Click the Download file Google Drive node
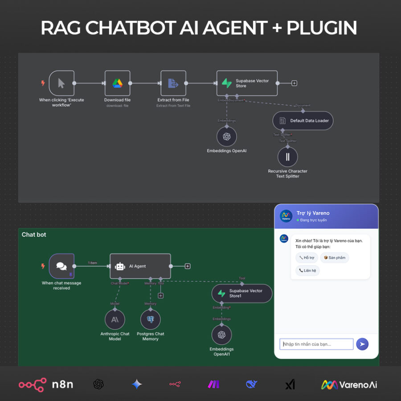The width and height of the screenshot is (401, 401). pyautogui.click(x=117, y=83)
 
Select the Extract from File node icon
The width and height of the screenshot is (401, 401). pyautogui.click(x=173, y=83)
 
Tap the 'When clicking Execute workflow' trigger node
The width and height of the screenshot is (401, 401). pyautogui.click(x=61, y=83)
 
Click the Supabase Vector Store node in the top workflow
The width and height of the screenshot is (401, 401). pyautogui.click(x=247, y=83)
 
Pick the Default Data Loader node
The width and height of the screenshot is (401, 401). pyautogui.click(x=303, y=121)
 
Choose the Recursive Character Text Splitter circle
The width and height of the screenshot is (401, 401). pyautogui.click(x=287, y=157)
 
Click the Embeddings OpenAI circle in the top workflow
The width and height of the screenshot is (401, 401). pyautogui.click(x=226, y=136)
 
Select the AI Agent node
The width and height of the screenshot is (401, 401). pyautogui.click(x=140, y=266)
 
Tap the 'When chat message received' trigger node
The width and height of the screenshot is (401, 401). pyautogui.click(x=61, y=266)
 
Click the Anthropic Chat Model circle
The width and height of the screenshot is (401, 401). pyautogui.click(x=115, y=319)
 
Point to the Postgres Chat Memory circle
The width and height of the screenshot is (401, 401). pyautogui.click(x=150, y=319)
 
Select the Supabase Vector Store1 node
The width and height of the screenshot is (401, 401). pyautogui.click(x=241, y=293)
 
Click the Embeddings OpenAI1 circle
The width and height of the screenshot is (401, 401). pyautogui.click(x=221, y=335)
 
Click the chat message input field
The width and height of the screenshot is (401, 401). pyautogui.click(x=316, y=344)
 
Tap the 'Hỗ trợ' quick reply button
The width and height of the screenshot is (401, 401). pyautogui.click(x=307, y=258)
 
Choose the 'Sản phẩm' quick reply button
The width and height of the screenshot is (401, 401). pyautogui.click(x=334, y=258)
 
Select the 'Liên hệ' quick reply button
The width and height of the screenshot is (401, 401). pyautogui.click(x=307, y=270)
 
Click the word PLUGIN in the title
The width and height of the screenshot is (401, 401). pyautogui.click(x=322, y=28)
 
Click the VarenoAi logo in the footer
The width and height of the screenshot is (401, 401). pyautogui.click(x=349, y=385)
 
